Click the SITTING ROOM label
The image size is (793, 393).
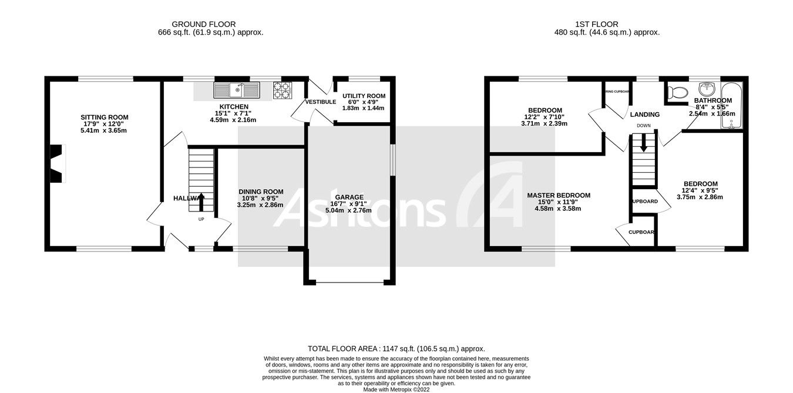coord(104,117)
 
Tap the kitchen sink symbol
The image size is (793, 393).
coord(237,90)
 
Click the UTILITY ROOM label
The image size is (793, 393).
coord(364,96)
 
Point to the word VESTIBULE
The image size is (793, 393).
coord(320,102)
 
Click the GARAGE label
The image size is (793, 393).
coord(349,197)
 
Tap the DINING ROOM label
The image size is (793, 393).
coord(260,192)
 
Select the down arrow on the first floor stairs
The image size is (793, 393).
coord(644,143)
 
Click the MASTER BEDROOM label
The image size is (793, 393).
coord(558,196)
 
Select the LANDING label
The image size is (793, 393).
coord(645,115)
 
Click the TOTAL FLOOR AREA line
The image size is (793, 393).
coord(396,348)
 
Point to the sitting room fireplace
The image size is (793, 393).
coord(57,164)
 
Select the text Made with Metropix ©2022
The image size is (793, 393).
coord(396,389)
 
